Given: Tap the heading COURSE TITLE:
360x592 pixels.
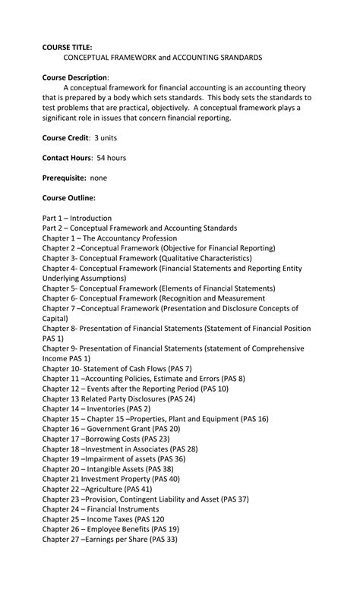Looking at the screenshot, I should (68, 46).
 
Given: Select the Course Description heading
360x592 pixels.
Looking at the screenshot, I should (74, 77).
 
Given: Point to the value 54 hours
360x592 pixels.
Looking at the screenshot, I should (110, 158).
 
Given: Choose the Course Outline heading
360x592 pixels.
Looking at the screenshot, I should (68, 198).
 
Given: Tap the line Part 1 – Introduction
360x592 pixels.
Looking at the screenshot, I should (77, 218).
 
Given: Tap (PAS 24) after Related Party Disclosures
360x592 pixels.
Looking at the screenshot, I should (181, 398).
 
